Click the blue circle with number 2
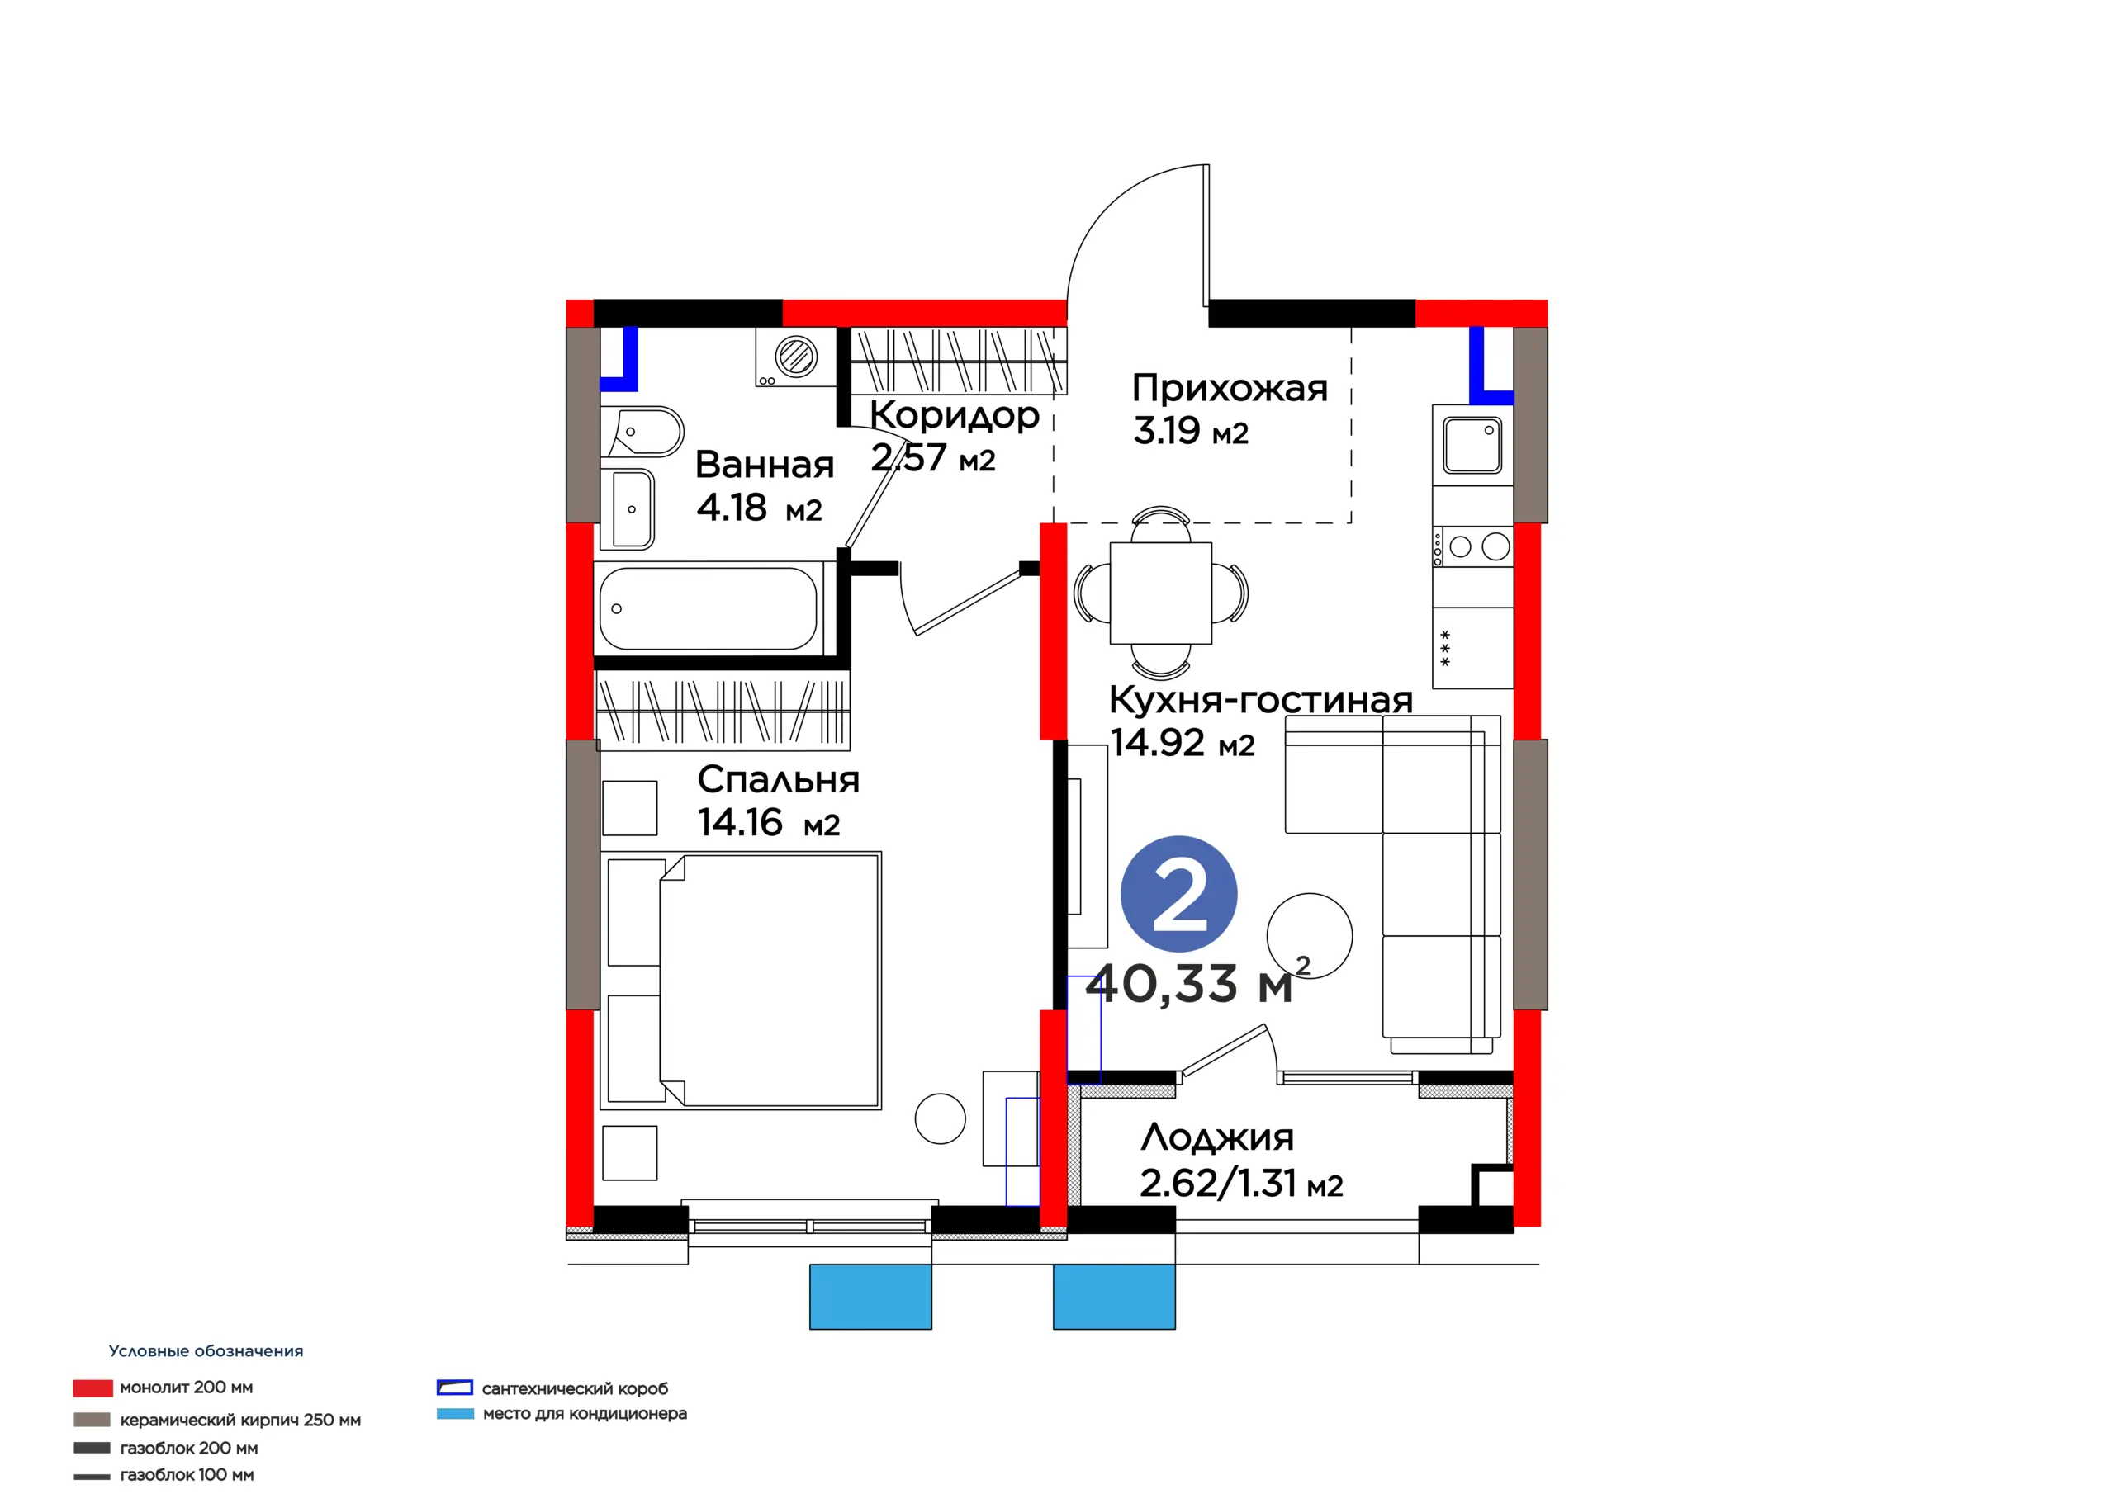click(x=1178, y=894)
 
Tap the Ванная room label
click(x=764, y=465)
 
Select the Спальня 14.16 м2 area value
click(x=769, y=823)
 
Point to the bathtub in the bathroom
click(x=708, y=608)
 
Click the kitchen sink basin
click(x=1472, y=445)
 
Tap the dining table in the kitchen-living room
click(x=1160, y=593)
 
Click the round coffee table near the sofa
click(x=1310, y=935)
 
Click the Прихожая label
click(x=1230, y=388)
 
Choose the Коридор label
click(x=955, y=415)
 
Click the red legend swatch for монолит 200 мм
click(x=93, y=1388)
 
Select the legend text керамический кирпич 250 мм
click(x=240, y=1420)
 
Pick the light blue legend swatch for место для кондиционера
click(x=455, y=1413)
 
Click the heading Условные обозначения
click(x=206, y=1350)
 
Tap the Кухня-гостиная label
click(x=1260, y=700)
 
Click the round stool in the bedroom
click(x=940, y=1118)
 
